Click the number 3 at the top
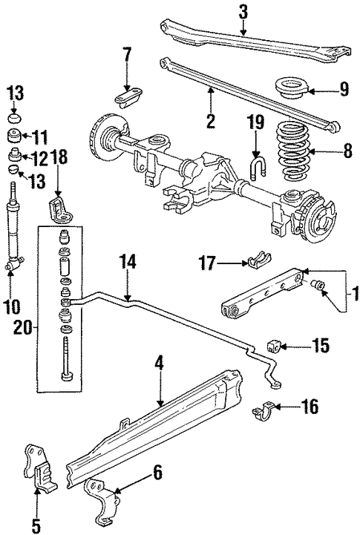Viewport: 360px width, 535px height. pyautogui.click(x=243, y=12)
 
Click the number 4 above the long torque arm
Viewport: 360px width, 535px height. pyautogui.click(x=157, y=367)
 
